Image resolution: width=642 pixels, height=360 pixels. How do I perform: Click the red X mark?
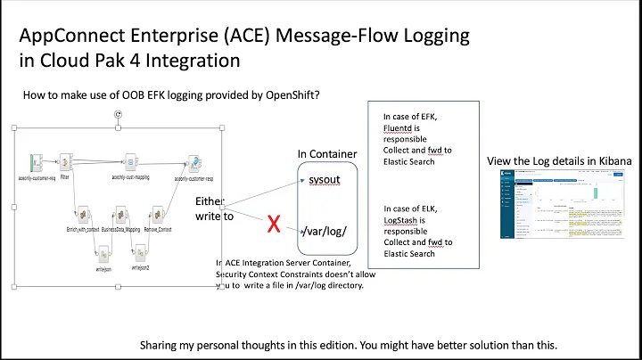[276, 223]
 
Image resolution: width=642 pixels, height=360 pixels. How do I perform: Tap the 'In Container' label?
[327, 155]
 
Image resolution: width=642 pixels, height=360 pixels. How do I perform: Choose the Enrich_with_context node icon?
[82, 214]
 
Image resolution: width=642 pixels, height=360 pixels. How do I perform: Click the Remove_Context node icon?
[157, 214]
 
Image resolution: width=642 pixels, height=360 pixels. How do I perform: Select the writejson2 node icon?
[138, 253]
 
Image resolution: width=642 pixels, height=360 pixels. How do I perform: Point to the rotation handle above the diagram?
[119, 116]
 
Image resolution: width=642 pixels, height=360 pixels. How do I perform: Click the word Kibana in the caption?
[613, 161]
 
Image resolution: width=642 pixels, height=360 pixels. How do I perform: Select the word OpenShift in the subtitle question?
[272, 94]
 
